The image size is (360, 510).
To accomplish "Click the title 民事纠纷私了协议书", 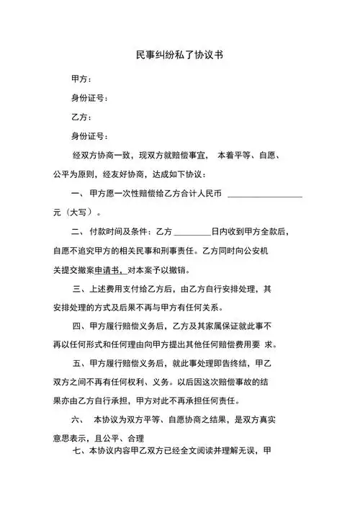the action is (179, 55).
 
